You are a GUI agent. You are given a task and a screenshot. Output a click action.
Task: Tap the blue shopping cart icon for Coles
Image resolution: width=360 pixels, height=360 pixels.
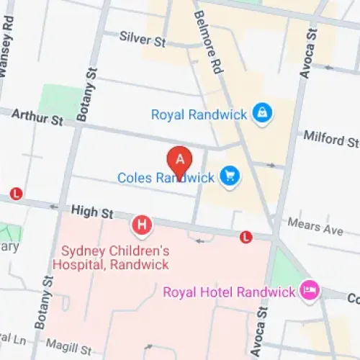pyautogui.click(x=230, y=176)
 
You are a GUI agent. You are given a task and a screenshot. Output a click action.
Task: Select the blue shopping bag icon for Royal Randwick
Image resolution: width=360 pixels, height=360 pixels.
pyautogui.click(x=262, y=113)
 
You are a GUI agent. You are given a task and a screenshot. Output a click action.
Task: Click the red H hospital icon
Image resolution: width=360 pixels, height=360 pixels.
pyautogui.click(x=143, y=226)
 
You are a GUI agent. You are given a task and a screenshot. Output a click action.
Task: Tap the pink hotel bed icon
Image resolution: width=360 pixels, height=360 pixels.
pyautogui.click(x=310, y=292)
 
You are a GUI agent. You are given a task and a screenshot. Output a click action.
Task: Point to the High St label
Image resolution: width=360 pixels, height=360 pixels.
pyautogui.click(x=93, y=213)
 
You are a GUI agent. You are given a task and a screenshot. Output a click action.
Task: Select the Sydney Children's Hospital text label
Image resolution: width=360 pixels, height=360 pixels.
pyautogui.click(x=114, y=258)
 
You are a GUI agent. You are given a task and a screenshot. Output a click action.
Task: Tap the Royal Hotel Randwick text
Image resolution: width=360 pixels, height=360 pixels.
pyautogui.click(x=229, y=292)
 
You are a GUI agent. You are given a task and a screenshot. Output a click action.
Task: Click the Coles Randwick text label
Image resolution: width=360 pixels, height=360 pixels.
pyautogui.click(x=166, y=176)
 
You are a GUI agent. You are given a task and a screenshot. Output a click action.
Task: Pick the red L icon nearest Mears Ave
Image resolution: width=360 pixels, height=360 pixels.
pyautogui.click(x=246, y=235)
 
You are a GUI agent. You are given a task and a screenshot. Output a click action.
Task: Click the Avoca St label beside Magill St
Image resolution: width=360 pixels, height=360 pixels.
pyautogui.click(x=263, y=331)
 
